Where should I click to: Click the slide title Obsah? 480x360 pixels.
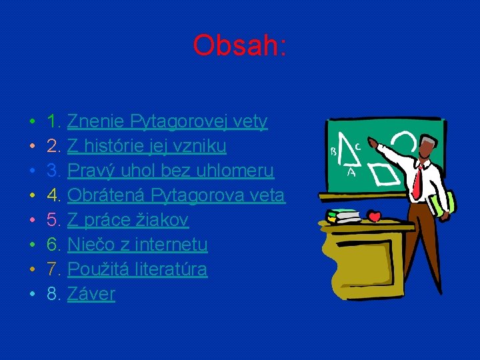[239, 45]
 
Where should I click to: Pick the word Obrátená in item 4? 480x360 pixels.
[106, 195]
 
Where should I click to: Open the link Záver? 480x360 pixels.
[91, 294]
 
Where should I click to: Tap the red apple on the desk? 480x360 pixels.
[374, 216]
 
